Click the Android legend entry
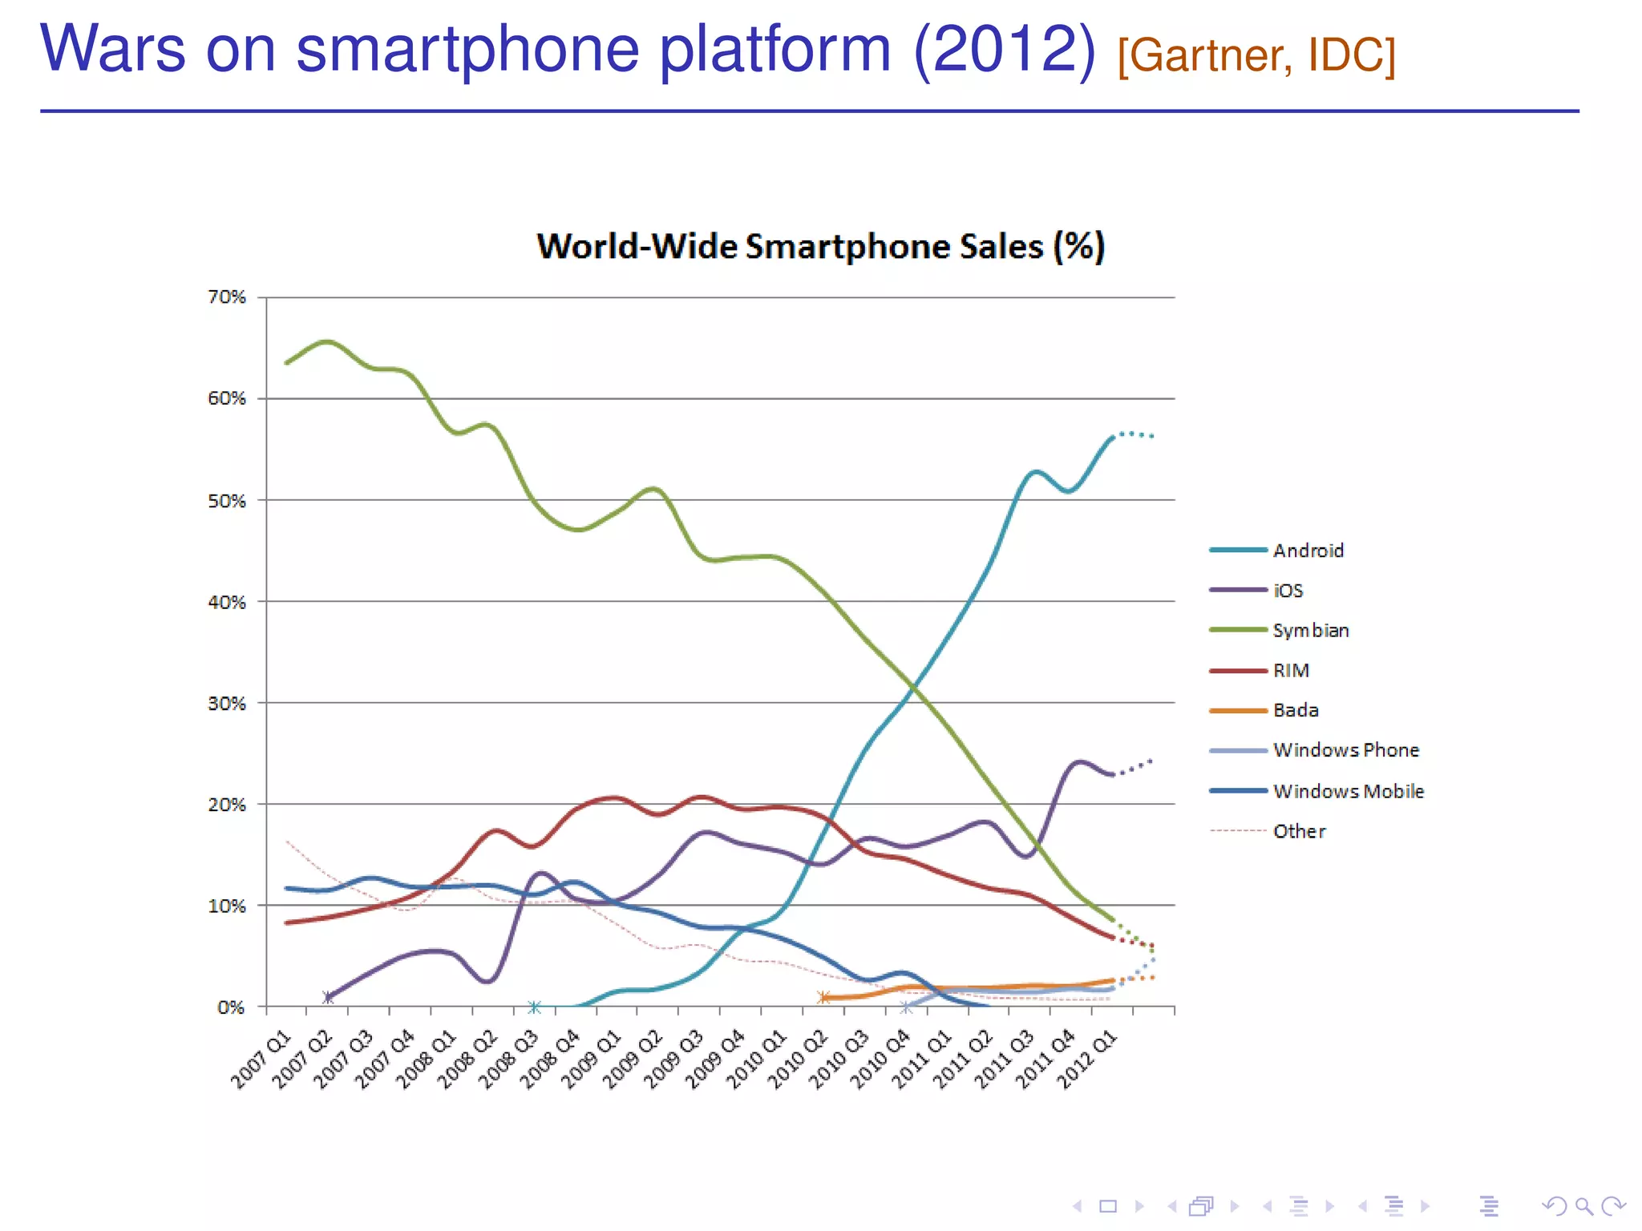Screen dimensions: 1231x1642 pyautogui.click(x=1308, y=551)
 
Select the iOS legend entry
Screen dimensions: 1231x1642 pyautogui.click(x=1288, y=591)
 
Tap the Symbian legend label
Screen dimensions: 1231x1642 pyautogui.click(x=1311, y=631)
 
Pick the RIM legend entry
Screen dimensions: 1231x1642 pyautogui.click(x=1291, y=671)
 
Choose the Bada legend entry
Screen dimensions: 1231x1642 pyautogui.click(x=1296, y=710)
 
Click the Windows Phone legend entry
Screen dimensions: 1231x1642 pyautogui.click(x=1345, y=750)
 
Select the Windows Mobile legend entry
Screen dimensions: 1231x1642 pyautogui.click(x=1348, y=791)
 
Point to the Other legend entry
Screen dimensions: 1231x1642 pyautogui.click(x=1299, y=831)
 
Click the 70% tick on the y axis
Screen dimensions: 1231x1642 pyautogui.click(x=227, y=297)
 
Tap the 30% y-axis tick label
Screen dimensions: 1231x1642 pyautogui.click(x=227, y=704)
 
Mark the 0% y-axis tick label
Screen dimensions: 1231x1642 pyautogui.click(x=231, y=1007)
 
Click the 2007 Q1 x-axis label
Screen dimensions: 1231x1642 pyautogui.click(x=261, y=1060)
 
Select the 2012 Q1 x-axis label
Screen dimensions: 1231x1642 pyautogui.click(x=1086, y=1060)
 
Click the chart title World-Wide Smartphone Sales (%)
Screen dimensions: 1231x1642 pyautogui.click(x=820, y=246)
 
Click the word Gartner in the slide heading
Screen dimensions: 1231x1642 pyautogui.click(x=1211, y=56)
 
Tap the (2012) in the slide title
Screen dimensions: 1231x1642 pyautogui.click(x=1004, y=48)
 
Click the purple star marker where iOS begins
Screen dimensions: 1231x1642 pyautogui.click(x=328, y=997)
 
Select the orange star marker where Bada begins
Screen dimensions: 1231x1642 pyautogui.click(x=823, y=997)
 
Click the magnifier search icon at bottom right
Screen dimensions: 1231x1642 pyautogui.click(x=1583, y=1206)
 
